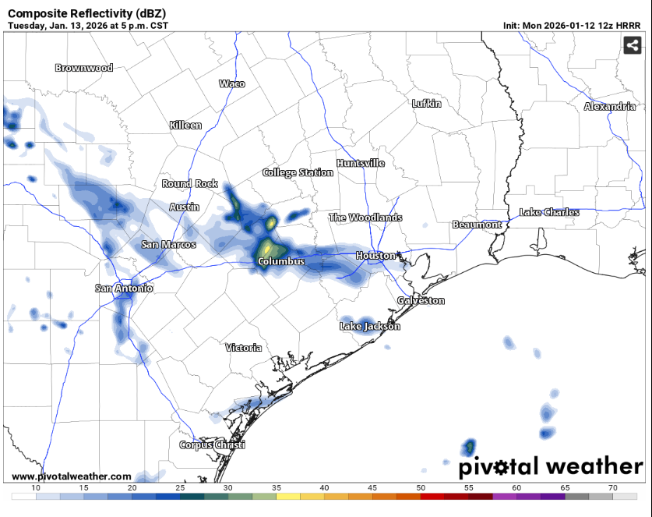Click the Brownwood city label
[x=83, y=68]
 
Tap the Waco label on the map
[x=231, y=83]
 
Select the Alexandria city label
[x=609, y=106]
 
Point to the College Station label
[x=298, y=172]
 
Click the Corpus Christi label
[x=212, y=444]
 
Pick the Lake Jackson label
[x=369, y=326]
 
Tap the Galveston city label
[x=421, y=300]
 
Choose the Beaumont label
[x=477, y=225]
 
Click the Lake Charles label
[x=549, y=212]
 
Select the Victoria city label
[x=243, y=347]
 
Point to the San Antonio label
[x=124, y=289]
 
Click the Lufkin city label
[x=426, y=103]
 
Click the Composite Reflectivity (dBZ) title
[x=80, y=13]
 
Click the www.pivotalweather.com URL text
[x=71, y=476]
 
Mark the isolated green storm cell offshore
[x=470, y=447]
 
